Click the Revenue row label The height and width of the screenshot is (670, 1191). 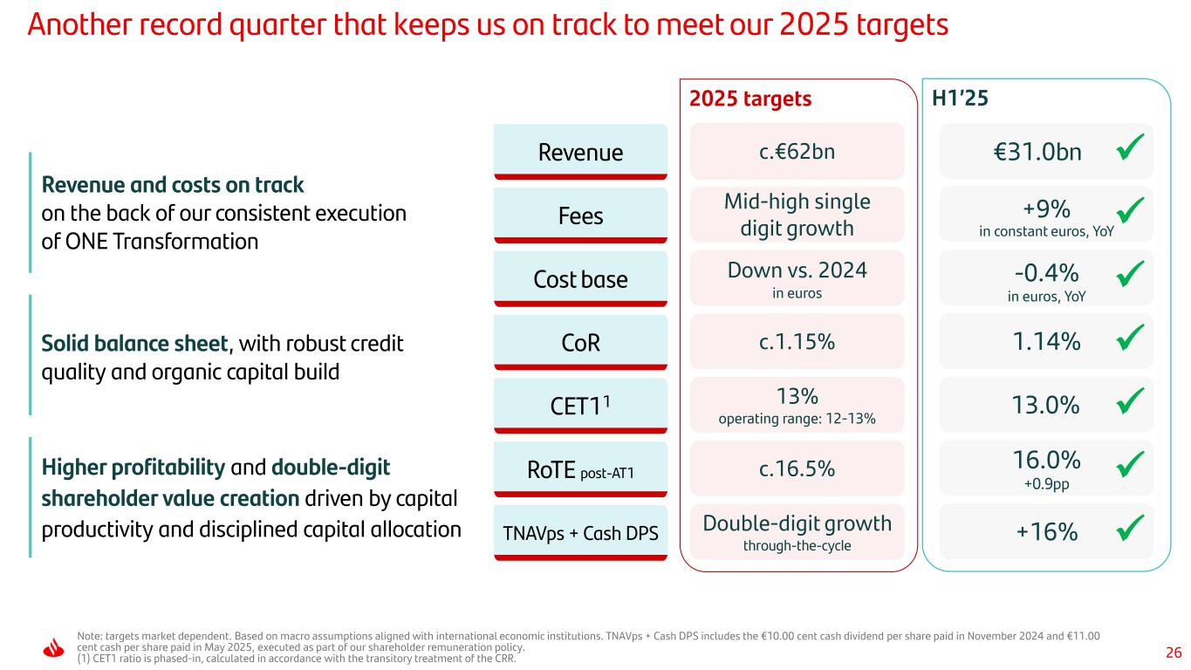pos(580,153)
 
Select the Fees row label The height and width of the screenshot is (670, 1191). pos(580,215)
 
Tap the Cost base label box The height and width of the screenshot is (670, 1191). pos(580,279)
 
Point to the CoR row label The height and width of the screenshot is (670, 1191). pos(580,343)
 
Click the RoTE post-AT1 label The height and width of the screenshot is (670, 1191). pos(580,471)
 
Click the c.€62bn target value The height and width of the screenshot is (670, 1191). pos(797,151)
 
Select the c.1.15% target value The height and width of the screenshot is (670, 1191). pos(797,342)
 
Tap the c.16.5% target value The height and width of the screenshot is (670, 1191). pos(797,468)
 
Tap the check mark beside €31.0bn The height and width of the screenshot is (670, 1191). pos(1131,151)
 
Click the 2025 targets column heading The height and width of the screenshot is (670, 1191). pos(750,99)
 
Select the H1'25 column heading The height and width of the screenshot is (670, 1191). pos(960,99)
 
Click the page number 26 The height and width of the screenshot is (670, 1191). pos(1174,652)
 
